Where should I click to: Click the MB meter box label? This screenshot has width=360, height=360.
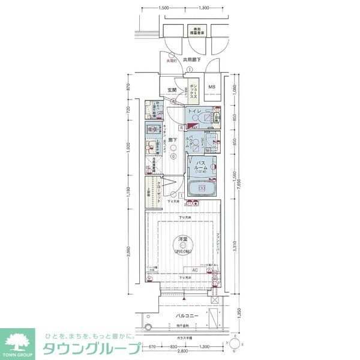(211, 88)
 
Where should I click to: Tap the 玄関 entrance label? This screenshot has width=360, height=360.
(171, 90)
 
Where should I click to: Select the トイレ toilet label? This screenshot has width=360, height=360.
(194, 112)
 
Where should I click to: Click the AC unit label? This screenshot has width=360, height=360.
(195, 270)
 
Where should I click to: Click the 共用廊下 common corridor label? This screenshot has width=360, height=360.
(191, 61)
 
